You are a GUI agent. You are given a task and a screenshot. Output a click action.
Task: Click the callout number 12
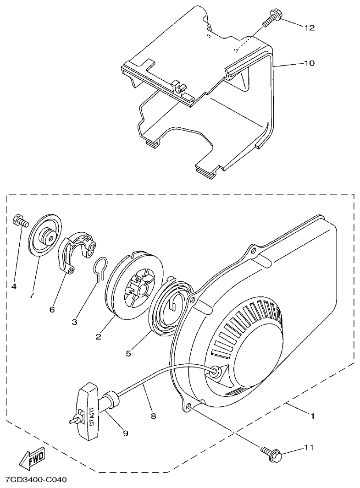pyautogui.click(x=309, y=27)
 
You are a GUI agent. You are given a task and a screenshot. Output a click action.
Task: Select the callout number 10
pyautogui.click(x=309, y=63)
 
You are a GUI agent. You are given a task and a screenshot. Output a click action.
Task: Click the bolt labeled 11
pyautogui.click(x=273, y=454)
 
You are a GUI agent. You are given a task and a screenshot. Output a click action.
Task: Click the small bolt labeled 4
pyautogui.click(x=21, y=220)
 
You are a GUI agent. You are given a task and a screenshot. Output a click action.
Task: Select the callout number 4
pyautogui.click(x=14, y=286)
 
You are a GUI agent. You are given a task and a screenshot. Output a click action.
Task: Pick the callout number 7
pyautogui.click(x=32, y=295)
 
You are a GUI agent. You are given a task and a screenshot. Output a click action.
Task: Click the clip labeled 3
pyautogui.click(x=101, y=270)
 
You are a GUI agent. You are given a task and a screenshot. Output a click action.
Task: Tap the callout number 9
pyautogui.click(x=125, y=433)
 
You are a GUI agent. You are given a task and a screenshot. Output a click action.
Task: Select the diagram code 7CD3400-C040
pyautogui.click(x=36, y=480)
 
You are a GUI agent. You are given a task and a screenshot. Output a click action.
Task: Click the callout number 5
pyautogui.click(x=129, y=353)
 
